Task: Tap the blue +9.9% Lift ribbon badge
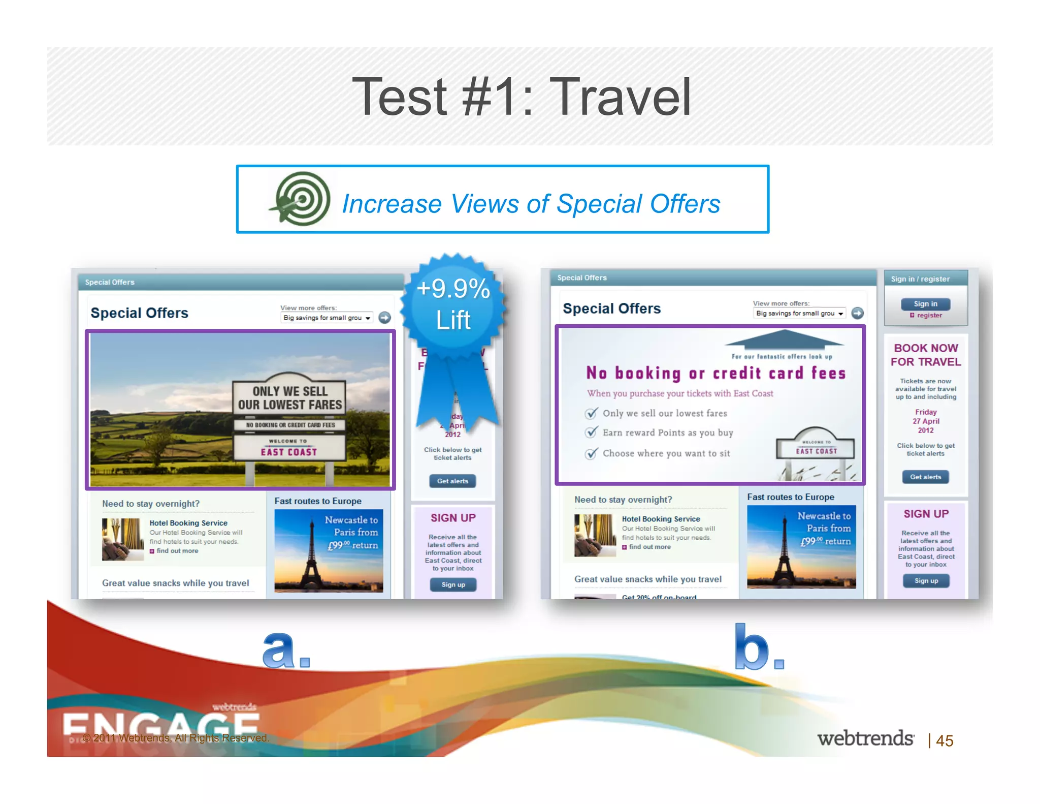click(453, 304)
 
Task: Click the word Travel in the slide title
click(620, 97)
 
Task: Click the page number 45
click(945, 740)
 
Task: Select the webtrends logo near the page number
click(865, 738)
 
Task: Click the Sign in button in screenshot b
click(925, 304)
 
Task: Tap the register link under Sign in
click(929, 316)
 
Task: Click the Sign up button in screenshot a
click(453, 584)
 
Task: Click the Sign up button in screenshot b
click(926, 580)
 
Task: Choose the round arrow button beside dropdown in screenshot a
click(385, 318)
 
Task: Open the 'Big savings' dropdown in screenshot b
click(799, 314)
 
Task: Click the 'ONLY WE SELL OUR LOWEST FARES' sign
click(289, 398)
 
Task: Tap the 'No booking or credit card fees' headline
click(716, 374)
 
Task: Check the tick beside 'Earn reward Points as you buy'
click(591, 433)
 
